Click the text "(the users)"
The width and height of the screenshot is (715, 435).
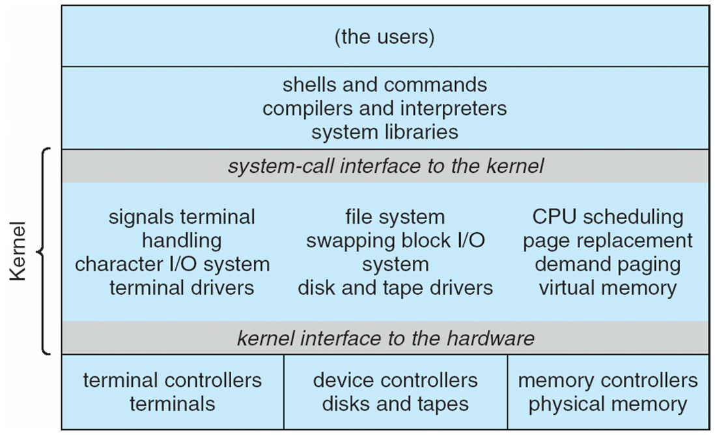384,37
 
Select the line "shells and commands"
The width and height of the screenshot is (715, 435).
384,85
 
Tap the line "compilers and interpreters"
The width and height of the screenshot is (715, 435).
384,108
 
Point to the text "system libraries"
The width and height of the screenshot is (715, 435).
384,132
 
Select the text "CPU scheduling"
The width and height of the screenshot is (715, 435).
608,217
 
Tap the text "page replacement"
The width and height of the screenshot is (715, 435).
608,241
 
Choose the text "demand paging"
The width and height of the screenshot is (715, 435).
608,264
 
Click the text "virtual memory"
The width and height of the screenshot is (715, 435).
608,288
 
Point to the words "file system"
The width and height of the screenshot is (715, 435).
395,217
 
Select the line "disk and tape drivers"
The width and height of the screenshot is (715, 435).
395,288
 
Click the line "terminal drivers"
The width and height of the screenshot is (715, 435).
182,288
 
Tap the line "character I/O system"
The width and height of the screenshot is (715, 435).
173,264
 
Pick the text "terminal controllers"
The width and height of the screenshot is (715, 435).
173,380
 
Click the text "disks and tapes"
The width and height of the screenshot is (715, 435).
395,404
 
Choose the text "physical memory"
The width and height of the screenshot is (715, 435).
608,404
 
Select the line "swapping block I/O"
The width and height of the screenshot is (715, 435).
395,241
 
